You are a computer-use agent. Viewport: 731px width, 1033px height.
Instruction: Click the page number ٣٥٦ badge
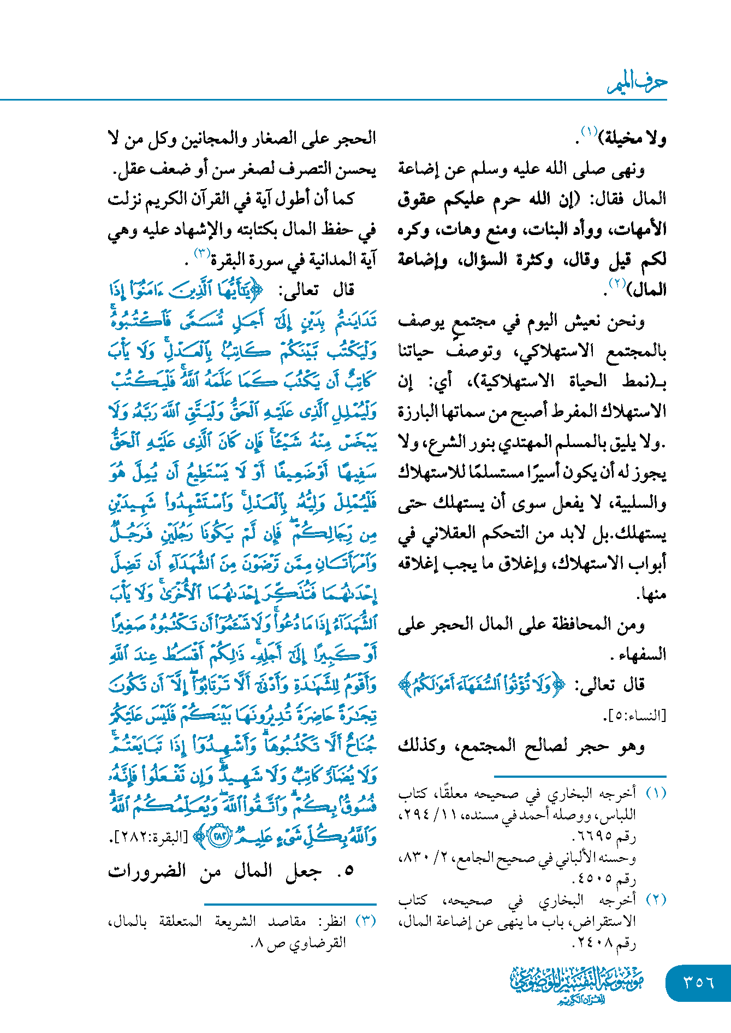pos(698,982)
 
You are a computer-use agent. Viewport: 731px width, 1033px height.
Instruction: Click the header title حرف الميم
pos(637,83)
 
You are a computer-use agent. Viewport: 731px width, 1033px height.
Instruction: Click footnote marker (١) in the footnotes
pos(656,793)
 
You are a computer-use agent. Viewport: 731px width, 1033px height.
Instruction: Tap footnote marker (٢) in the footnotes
pos(656,900)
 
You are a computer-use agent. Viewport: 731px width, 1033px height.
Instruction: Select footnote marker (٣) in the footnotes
pos(365,921)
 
